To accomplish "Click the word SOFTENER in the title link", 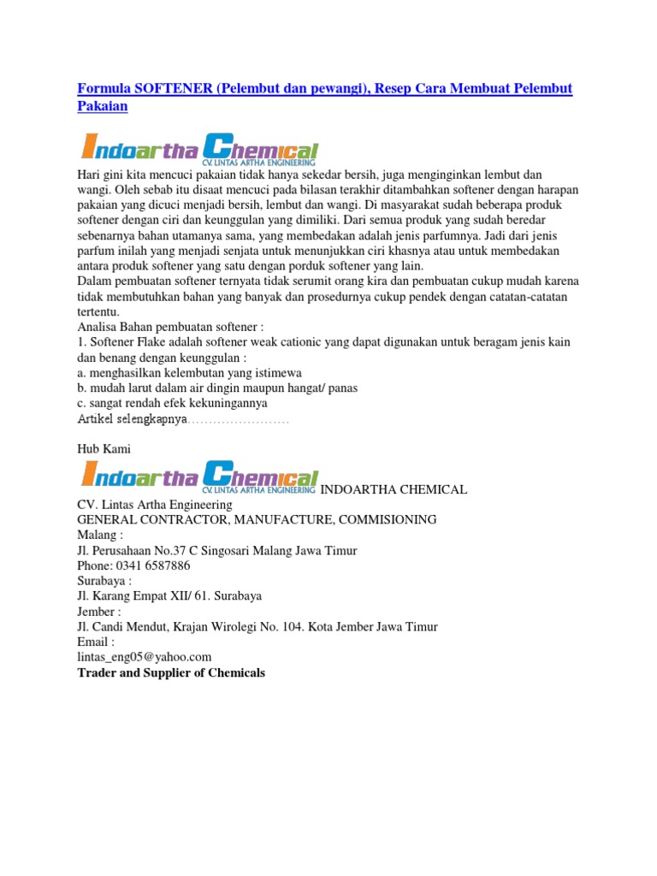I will point(166,90).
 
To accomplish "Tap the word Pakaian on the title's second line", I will point(102,106).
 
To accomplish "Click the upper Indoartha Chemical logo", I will point(200,149).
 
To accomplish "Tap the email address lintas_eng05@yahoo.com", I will point(144,657).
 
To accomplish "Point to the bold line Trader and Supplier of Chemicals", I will point(171,673).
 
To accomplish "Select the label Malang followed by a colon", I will point(101,535).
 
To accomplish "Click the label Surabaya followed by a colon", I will point(105,581).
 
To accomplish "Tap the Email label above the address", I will point(96,642).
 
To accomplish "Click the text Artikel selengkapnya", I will point(133,420).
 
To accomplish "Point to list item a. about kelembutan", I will point(189,373).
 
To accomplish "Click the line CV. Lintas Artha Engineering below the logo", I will point(161,505).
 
